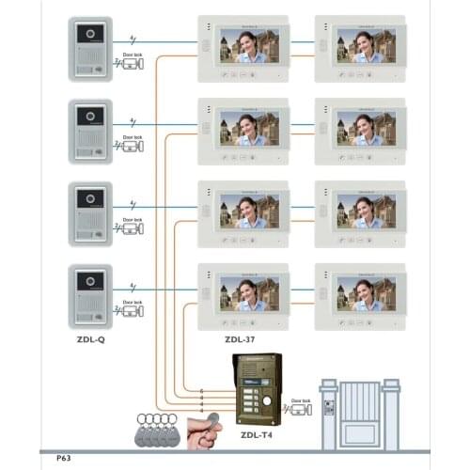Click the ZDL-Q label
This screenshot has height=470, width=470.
89,339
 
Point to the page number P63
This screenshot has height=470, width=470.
64,458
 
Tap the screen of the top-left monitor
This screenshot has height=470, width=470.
249,45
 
